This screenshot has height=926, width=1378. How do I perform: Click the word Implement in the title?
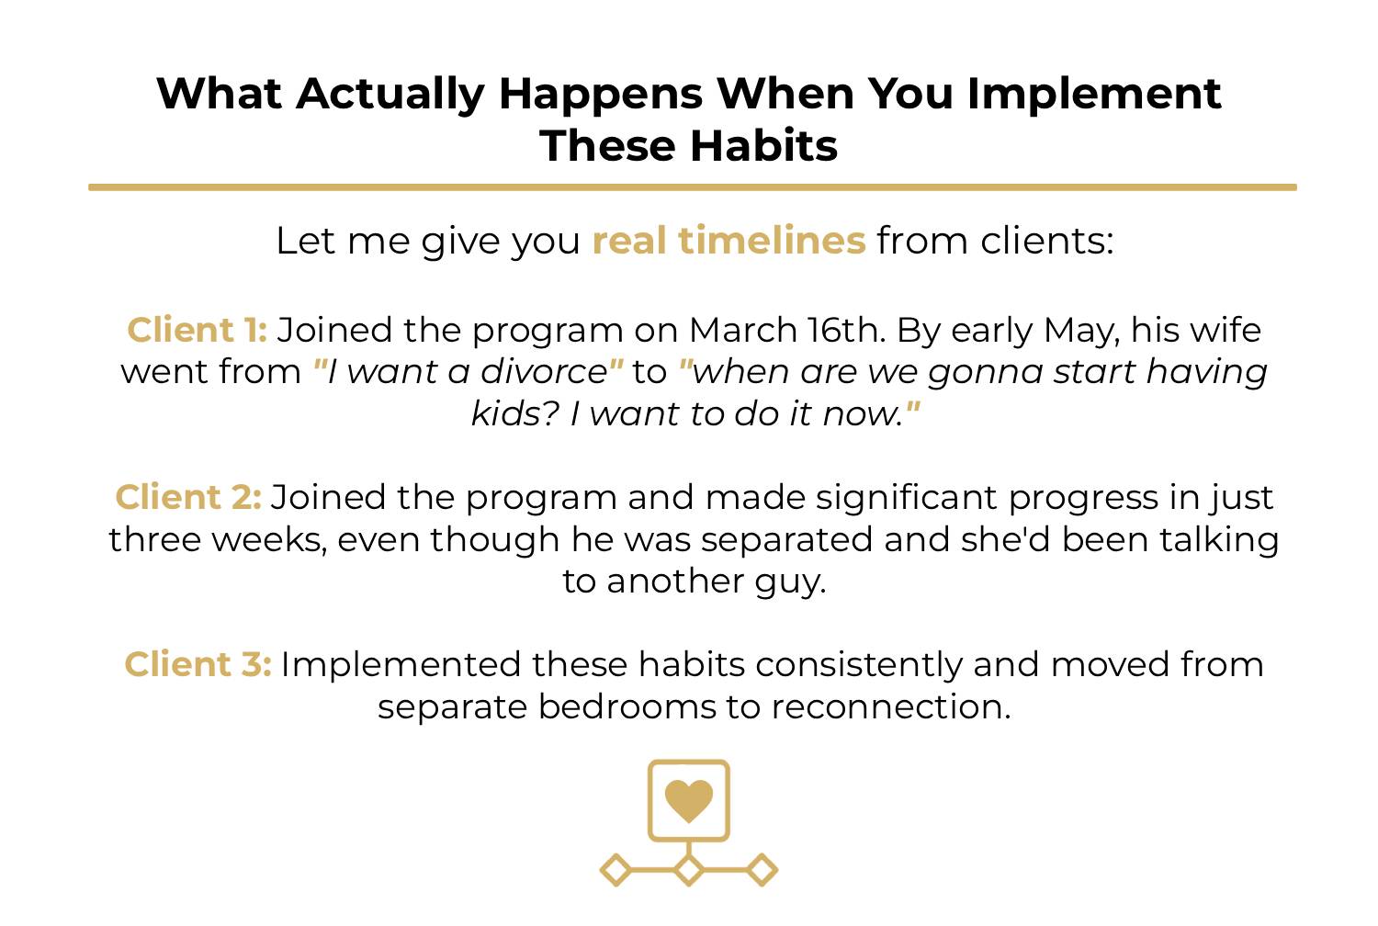[1094, 95]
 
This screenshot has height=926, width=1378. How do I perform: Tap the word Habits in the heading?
[763, 146]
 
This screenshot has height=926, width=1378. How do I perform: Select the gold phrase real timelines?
[729, 240]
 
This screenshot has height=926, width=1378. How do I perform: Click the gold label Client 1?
[197, 330]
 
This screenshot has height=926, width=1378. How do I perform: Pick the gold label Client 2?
[188, 497]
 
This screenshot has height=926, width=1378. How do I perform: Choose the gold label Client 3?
[198, 664]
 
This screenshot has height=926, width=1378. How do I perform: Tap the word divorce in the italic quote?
[545, 372]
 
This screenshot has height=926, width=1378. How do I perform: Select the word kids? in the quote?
[515, 413]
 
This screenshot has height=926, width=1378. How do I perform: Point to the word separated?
[786, 540]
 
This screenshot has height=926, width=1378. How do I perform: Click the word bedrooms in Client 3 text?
[627, 706]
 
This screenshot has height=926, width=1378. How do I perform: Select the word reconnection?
[891, 706]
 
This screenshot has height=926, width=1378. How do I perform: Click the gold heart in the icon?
[689, 800]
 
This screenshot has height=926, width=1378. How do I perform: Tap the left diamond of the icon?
[616, 870]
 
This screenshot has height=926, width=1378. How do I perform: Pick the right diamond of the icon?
[762, 870]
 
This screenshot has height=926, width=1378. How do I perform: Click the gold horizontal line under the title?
[693, 187]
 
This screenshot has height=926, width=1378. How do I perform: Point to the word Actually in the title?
[390, 96]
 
